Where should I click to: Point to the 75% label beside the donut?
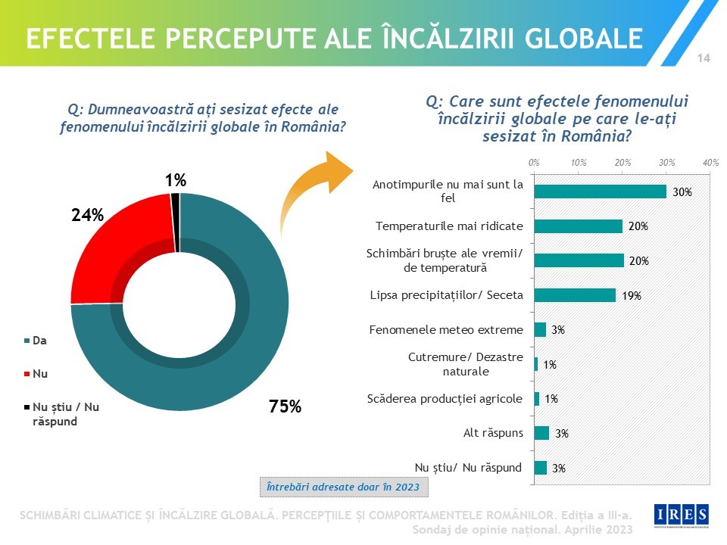click(285, 406)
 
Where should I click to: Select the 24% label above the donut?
click(87, 216)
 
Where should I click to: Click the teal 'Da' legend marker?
click(27, 341)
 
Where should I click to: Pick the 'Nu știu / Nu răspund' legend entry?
click(65, 413)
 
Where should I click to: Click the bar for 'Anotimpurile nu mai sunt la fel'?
click(600, 192)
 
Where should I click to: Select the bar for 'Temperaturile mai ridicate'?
click(578, 226)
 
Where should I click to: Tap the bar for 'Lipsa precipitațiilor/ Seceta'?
click(575, 295)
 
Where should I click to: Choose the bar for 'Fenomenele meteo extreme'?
click(540, 329)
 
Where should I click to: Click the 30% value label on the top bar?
click(682, 192)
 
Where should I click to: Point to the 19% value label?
click(632, 296)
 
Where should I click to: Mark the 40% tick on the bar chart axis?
click(710, 163)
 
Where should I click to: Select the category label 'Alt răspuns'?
click(493, 434)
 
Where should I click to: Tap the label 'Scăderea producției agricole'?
click(445, 399)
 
